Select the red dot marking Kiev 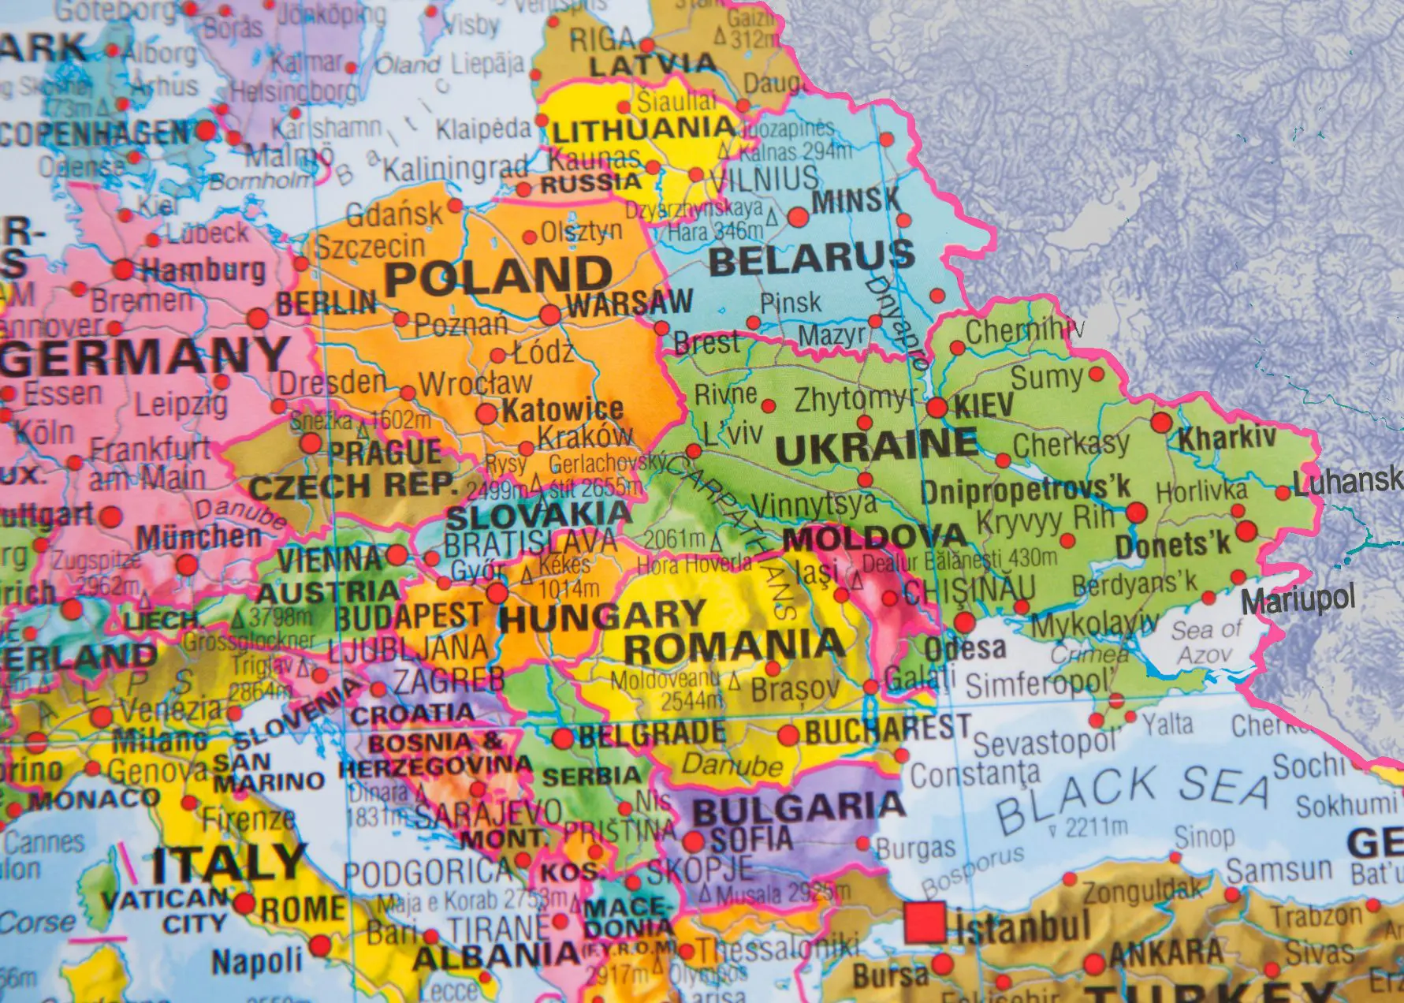point(937,408)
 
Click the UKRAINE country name point(876,446)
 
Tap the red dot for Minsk point(798,216)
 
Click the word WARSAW point(629,303)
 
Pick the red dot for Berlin point(258,319)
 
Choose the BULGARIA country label point(798,807)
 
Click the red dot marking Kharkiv point(1160,423)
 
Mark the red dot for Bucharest point(788,736)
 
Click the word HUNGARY point(601,615)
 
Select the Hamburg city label point(203,270)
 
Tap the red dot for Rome point(244,904)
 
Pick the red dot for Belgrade point(562,739)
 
